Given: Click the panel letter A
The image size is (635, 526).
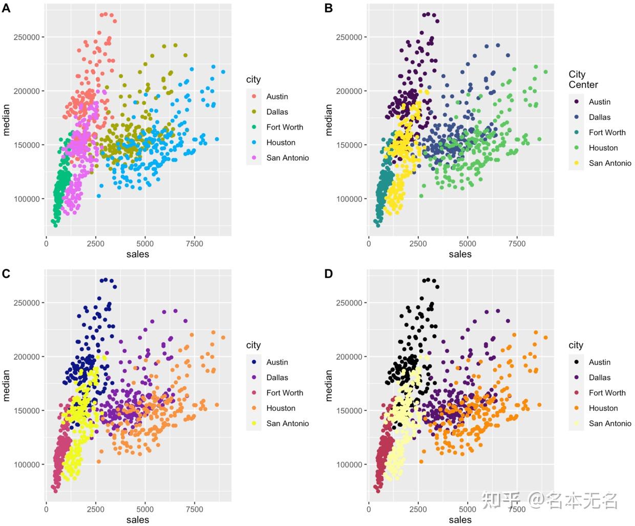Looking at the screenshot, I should pyautogui.click(x=6, y=8).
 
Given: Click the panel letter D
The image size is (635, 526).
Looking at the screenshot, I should pyautogui.click(x=329, y=274).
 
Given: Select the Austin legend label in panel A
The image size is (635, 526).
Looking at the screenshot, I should pyautogui.click(x=277, y=97).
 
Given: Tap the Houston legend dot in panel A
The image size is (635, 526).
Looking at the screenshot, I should pyautogui.click(x=254, y=143).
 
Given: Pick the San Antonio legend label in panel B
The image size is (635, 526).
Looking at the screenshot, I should pyautogui.click(x=609, y=163).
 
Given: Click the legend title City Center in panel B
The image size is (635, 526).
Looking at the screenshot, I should pyautogui.click(x=583, y=80).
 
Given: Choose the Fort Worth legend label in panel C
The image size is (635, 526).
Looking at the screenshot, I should pyautogui.click(x=284, y=393).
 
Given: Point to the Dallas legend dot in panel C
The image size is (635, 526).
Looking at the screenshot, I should pyautogui.click(x=254, y=378).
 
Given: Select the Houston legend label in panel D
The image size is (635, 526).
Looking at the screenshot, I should pyautogui.click(x=603, y=408).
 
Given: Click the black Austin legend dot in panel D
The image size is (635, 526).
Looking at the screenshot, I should pyautogui.click(x=577, y=362).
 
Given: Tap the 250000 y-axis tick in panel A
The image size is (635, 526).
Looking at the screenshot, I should pyautogui.click(x=27, y=37).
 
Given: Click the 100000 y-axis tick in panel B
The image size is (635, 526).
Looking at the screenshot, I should pyautogui.click(x=349, y=199).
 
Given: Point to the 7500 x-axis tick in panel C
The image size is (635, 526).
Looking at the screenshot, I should pyautogui.click(x=194, y=509).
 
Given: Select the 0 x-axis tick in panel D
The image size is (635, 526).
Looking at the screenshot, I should pyautogui.click(x=369, y=509).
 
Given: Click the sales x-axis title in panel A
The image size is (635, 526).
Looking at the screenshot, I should pyautogui.click(x=138, y=254).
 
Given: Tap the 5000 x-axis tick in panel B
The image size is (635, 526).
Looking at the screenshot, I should pyautogui.click(x=467, y=244).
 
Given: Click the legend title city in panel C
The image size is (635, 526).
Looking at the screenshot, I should pyautogui.click(x=253, y=345).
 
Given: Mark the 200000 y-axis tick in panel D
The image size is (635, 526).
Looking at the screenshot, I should pyautogui.click(x=349, y=357).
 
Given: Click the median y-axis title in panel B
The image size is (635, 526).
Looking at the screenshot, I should pyautogui.click(x=329, y=120).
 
